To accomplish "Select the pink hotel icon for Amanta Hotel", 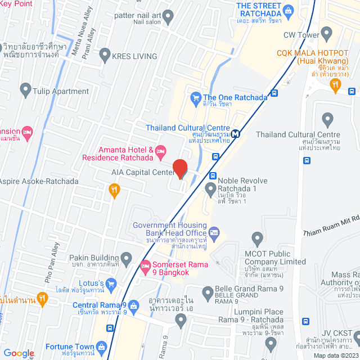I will click(x=161, y=150).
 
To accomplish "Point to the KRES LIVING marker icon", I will click(x=104, y=55).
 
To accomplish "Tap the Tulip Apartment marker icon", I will click(x=25, y=88).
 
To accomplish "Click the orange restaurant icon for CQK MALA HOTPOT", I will click(x=336, y=85).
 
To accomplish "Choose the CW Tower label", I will click(x=296, y=35).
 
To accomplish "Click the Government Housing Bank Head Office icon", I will click(x=214, y=232).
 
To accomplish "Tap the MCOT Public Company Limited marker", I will click(x=258, y=238).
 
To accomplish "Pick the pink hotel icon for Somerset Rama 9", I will click(x=145, y=264).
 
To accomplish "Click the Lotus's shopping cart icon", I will click(x=111, y=283).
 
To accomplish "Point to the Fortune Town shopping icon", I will click(x=101, y=346).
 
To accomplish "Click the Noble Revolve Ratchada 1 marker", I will click(x=210, y=187).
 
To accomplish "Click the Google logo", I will click(x=19, y=353).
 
